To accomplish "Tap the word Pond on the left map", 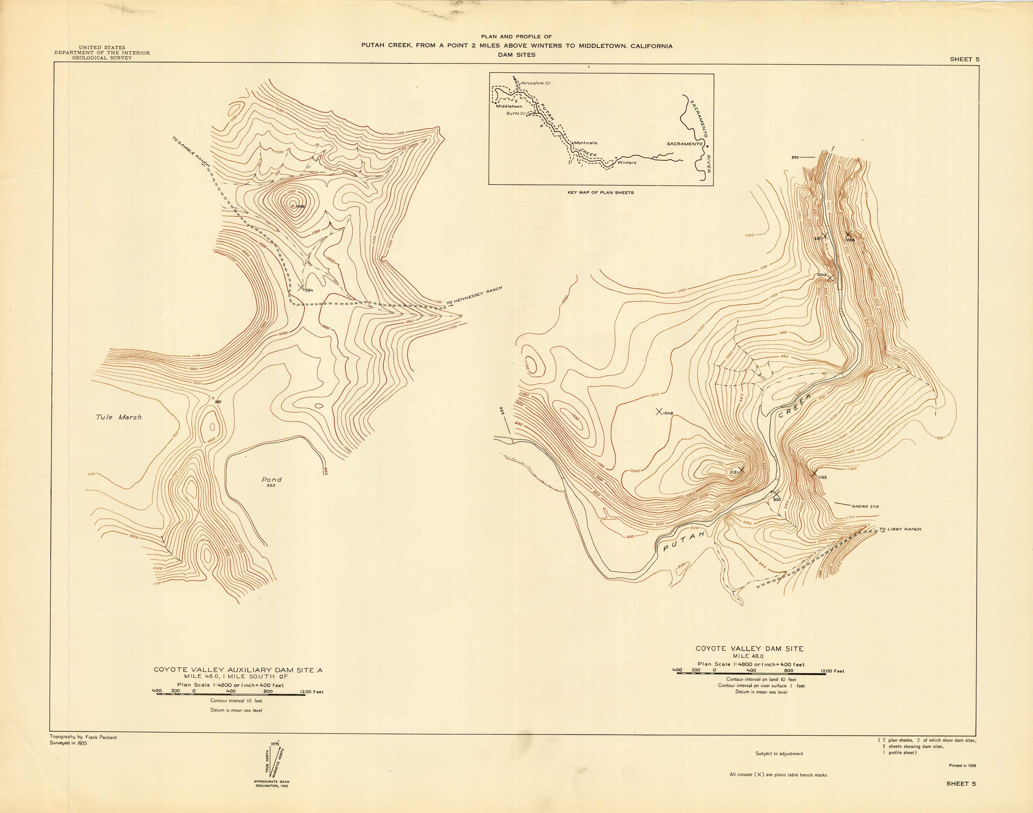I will click(271, 479).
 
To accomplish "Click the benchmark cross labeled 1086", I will click(292, 206).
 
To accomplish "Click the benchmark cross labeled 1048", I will click(659, 412).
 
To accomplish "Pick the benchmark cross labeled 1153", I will click(814, 474).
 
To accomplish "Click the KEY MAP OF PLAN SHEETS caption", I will click(601, 192).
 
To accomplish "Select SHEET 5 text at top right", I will click(965, 60).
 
